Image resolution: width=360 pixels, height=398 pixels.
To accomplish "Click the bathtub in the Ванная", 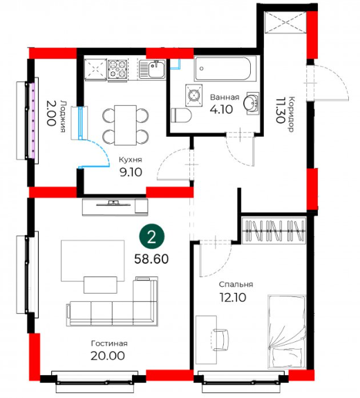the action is pyautogui.click(x=225, y=69).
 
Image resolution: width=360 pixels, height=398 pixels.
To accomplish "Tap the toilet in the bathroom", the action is pyautogui.click(x=181, y=115).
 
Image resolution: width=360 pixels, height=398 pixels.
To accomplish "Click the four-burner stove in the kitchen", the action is pyautogui.click(x=117, y=69).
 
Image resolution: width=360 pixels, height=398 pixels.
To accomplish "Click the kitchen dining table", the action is pyautogui.click(x=126, y=125).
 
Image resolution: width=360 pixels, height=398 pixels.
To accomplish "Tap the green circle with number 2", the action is pyautogui.click(x=151, y=236).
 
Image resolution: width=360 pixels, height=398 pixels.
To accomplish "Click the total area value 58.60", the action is pyautogui.click(x=151, y=259).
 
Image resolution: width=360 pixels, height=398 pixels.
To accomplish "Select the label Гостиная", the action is pyautogui.click(x=109, y=343).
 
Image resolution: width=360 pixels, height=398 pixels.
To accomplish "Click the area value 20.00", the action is pyautogui.click(x=108, y=356).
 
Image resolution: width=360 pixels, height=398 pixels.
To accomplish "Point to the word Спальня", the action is pyautogui.click(x=236, y=285).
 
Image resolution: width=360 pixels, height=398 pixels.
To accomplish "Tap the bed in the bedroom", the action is pyautogui.click(x=286, y=332).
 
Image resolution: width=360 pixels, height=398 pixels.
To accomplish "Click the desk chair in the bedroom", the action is pyautogui.click(x=220, y=340).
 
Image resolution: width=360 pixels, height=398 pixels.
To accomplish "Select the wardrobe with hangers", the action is pyautogui.click(x=274, y=231).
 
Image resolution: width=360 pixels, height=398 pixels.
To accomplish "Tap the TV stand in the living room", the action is pyautogui.click(x=115, y=207).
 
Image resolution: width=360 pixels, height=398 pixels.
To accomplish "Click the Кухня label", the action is pyautogui.click(x=131, y=160).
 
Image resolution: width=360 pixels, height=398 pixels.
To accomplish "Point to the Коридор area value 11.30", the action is pyautogui.click(x=280, y=110).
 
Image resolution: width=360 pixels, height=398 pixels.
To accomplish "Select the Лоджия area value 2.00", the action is pyautogui.click(x=50, y=113).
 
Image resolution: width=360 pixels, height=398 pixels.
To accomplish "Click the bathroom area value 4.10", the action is pyautogui.click(x=221, y=110).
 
